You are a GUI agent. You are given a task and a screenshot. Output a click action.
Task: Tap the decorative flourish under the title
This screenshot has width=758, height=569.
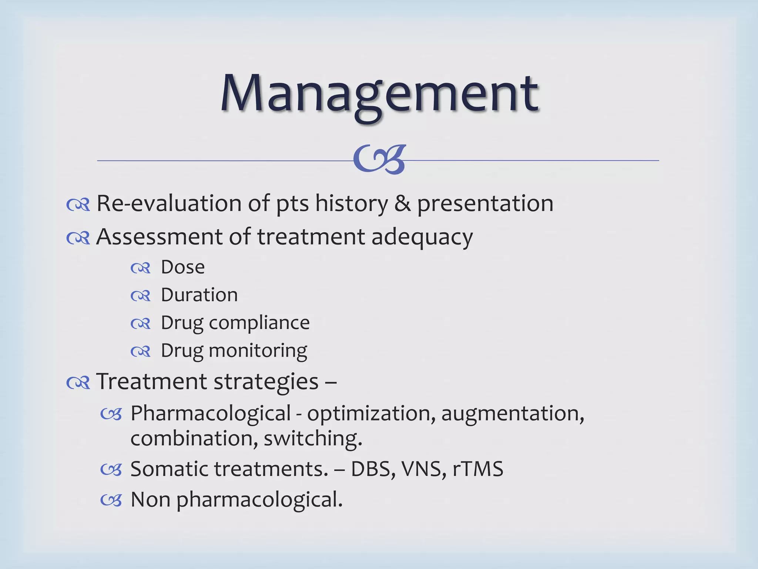[x=380, y=159]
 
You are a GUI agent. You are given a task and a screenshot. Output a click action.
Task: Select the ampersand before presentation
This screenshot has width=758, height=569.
[x=402, y=203]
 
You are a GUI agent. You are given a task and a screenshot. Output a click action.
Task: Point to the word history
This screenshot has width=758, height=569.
[x=351, y=204]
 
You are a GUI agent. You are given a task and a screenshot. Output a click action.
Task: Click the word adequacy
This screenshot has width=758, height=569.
[x=422, y=237]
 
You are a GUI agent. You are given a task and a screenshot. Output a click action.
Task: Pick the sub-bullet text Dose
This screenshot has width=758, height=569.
[x=183, y=267]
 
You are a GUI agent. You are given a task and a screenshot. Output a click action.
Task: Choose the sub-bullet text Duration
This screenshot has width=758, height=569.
[x=199, y=295]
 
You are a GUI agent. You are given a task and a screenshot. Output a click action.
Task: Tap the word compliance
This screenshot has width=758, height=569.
[x=259, y=323]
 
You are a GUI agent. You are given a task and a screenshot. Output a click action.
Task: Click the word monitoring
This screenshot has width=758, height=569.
[x=258, y=351]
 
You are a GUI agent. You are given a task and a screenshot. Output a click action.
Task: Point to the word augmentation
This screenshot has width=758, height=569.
[x=513, y=413]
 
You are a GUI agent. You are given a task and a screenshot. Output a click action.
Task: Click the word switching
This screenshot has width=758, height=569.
[x=313, y=439]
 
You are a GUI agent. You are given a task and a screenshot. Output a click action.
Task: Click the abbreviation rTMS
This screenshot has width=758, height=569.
[x=478, y=469]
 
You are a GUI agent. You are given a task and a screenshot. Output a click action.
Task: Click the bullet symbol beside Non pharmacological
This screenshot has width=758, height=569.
[x=111, y=500]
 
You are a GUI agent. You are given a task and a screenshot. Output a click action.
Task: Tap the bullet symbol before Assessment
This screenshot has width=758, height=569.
[x=78, y=238]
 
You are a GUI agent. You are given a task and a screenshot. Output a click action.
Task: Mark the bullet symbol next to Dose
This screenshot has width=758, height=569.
[x=141, y=268]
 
